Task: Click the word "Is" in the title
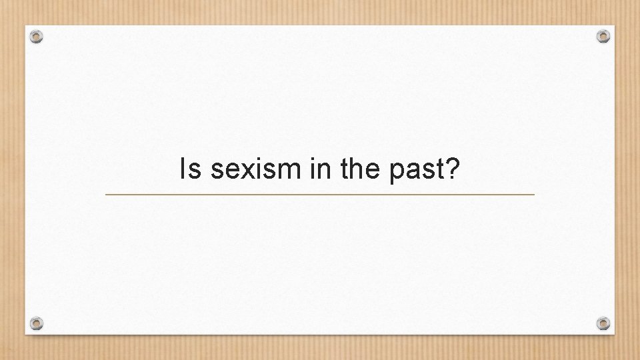tap(191, 171)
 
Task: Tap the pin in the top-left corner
tap(37, 37)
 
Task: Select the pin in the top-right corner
tap(603, 35)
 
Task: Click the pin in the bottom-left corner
tap(37, 323)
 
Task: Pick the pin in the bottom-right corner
tap(603, 323)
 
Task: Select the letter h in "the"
tap(357, 170)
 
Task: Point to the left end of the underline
tap(107, 195)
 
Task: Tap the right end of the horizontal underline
tap(534, 195)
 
